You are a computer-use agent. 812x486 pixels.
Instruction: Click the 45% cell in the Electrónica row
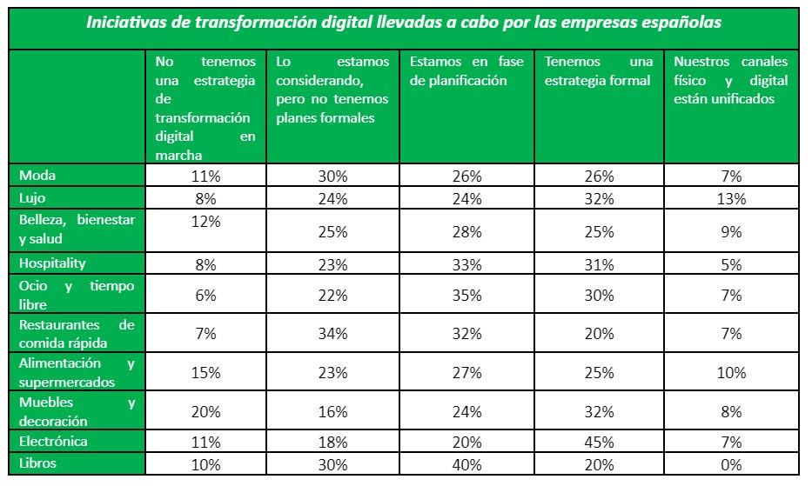tap(600, 442)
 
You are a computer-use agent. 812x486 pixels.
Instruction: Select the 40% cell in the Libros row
tap(467, 464)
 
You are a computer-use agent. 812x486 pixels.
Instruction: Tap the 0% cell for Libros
tap(731, 464)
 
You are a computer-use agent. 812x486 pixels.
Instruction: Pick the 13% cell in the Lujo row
tap(731, 198)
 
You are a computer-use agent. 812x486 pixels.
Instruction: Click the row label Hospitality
tap(53, 263)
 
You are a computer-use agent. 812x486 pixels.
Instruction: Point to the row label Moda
tap(37, 176)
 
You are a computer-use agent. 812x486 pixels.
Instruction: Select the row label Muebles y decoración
tap(77, 411)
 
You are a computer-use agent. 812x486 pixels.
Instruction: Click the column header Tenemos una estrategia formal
tap(600, 71)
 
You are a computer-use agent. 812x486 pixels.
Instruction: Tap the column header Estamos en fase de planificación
tap(467, 71)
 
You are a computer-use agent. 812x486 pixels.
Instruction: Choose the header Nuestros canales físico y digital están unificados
tap(731, 80)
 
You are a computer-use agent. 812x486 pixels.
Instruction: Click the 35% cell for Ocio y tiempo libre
tap(467, 296)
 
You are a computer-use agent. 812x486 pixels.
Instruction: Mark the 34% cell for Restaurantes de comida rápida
tap(333, 334)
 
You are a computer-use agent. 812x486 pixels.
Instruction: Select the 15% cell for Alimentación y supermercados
tap(205, 373)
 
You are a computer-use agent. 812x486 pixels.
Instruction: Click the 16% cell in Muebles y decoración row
tap(333, 412)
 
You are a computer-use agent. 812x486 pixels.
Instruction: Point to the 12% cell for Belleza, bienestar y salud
tap(205, 221)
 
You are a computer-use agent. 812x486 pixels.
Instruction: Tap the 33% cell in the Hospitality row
tap(467, 263)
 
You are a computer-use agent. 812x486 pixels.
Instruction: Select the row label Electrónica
tap(53, 442)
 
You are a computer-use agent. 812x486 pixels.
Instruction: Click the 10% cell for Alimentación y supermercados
tap(731, 373)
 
